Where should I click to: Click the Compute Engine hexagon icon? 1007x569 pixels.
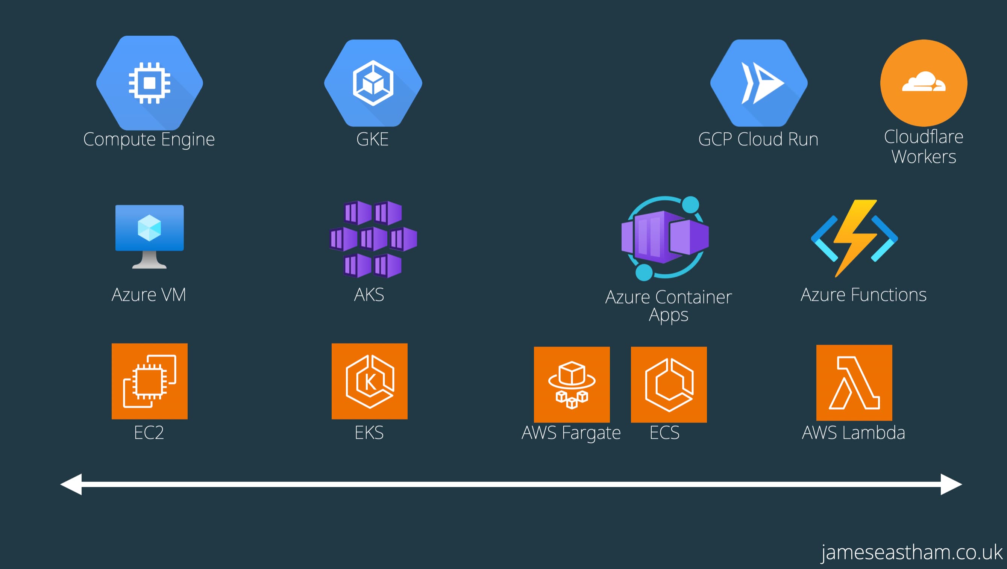[149, 83]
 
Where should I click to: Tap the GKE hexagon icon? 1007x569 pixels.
[373, 83]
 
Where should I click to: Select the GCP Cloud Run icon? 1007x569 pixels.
[759, 83]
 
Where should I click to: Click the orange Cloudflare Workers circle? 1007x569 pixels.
[924, 83]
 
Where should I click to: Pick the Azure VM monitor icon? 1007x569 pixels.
[149, 236]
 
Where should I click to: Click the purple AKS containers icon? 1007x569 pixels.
[373, 239]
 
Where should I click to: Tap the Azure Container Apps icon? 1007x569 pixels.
[665, 238]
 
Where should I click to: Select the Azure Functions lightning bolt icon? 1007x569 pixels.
[855, 238]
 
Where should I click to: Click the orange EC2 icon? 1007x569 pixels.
[149, 381]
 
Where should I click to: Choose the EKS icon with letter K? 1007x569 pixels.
[369, 381]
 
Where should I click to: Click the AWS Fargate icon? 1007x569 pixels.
[572, 384]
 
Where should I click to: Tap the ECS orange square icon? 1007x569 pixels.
[669, 384]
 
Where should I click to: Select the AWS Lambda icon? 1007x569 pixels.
[854, 383]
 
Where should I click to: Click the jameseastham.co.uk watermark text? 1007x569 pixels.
[911, 552]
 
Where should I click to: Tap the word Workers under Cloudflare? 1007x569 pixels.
[924, 157]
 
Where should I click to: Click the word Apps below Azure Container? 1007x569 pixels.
[669, 315]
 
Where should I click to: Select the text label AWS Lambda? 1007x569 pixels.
[853, 433]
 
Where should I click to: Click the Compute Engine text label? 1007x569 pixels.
[149, 139]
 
